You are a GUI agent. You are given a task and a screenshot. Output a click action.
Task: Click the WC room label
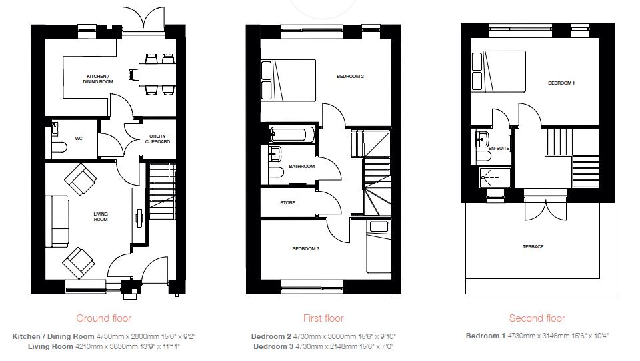79,139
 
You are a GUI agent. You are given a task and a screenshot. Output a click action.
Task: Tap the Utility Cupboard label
157,139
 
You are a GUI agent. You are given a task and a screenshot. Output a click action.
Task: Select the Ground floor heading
104,318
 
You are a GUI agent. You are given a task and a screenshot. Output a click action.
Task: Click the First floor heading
323,318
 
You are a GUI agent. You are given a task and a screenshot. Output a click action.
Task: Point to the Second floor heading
537,318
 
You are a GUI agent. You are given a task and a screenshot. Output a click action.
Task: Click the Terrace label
533,247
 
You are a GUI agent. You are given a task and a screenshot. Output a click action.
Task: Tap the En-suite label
499,149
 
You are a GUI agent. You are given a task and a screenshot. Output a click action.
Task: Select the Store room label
288,203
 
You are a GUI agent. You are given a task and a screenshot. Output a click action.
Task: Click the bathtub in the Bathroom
292,135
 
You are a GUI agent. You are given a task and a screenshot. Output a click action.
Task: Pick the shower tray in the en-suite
495,177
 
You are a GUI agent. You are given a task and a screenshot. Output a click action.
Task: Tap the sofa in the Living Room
57,222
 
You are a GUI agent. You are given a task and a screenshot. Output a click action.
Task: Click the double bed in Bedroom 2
288,81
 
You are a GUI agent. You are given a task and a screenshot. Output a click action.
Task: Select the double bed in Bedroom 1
498,71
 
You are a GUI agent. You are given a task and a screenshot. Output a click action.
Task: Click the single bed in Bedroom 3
379,247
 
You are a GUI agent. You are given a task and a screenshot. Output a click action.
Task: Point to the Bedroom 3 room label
306,249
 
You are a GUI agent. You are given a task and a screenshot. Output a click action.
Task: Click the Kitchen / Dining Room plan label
98,79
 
